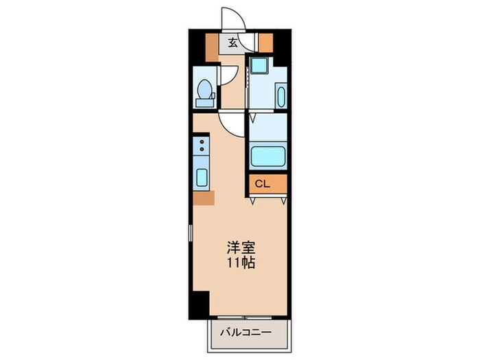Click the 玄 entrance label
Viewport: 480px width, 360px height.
pos(233,43)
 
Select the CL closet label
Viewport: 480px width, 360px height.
pos(263,183)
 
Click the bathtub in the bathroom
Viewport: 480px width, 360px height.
pos(268,156)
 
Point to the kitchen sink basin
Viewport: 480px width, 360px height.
pos(202,176)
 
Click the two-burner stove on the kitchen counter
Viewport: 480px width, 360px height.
pos(202,145)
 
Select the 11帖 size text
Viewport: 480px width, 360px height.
pos(239,263)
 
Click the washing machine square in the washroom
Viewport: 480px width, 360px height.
pos(259,67)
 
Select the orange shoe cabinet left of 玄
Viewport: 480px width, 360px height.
pos(216,43)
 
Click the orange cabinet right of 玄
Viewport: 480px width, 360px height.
pos(265,43)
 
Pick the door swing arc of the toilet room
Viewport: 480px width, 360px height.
pos(227,77)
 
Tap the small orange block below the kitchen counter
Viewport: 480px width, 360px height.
pos(203,199)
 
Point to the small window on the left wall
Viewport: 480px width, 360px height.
pos(191,235)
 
